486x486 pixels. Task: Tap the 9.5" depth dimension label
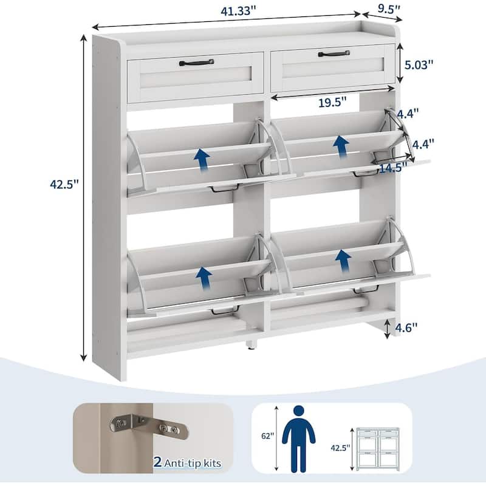tap(390, 9)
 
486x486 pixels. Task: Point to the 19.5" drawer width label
tap(330, 102)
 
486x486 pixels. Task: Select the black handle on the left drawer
tap(196, 62)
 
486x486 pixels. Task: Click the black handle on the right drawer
tap(334, 54)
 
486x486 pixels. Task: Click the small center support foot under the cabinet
tap(250, 347)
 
